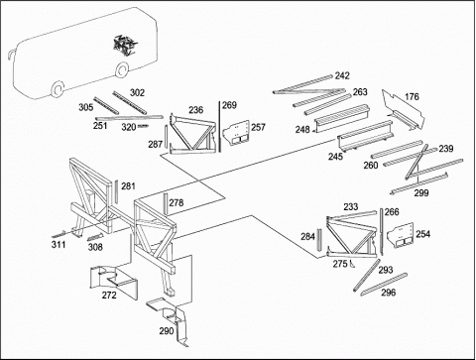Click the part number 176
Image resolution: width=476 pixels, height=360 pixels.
[x=412, y=97]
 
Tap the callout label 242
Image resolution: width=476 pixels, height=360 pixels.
[x=342, y=75]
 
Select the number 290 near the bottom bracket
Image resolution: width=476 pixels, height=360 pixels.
[x=167, y=331]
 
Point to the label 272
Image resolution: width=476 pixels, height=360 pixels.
[x=109, y=295]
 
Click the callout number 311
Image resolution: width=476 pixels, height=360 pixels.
[x=59, y=245]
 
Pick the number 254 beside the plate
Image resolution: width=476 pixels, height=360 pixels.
[x=423, y=234]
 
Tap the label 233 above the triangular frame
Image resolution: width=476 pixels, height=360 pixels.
[x=351, y=207]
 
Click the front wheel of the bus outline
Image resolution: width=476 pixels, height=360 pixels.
[x=58, y=89]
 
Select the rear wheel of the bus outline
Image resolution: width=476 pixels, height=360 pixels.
[x=122, y=69]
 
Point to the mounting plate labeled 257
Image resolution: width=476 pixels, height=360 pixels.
[x=236, y=134]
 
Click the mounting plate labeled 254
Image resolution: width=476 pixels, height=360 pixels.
[x=401, y=236]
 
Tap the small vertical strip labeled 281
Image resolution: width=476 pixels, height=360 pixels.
[x=116, y=191]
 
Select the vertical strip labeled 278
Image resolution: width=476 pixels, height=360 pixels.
[x=166, y=204]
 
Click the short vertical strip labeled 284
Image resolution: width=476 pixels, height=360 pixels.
[x=319, y=240]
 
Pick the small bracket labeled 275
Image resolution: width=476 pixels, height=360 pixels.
[x=351, y=264]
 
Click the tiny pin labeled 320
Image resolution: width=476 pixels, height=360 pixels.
[x=143, y=126]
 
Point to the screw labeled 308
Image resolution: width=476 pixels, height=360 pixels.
[x=95, y=237]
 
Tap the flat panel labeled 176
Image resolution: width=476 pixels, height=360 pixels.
[x=404, y=109]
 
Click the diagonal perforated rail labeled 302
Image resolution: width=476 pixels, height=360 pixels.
[x=129, y=103]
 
